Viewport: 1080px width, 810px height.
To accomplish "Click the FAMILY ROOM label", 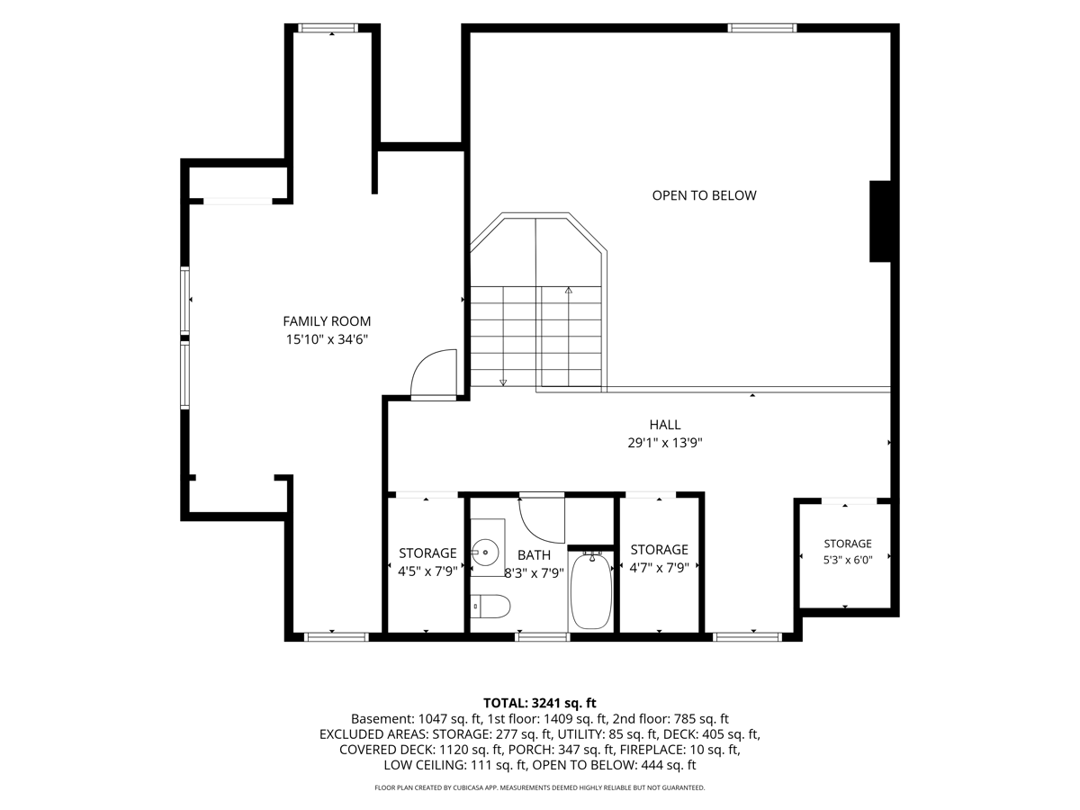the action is click(x=327, y=321).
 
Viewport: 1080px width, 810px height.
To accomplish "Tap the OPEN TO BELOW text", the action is click(x=704, y=195).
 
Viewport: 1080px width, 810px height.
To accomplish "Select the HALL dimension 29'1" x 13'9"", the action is click(x=665, y=443).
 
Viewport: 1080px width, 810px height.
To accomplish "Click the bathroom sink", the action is click(x=485, y=552).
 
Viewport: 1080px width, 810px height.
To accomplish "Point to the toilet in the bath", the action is click(x=490, y=606).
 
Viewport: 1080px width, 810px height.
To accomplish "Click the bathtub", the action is click(x=591, y=590).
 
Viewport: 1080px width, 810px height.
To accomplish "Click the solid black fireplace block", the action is click(x=880, y=221).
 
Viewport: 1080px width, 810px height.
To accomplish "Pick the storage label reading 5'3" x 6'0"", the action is click(x=848, y=560).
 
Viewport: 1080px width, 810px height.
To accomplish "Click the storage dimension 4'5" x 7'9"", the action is click(x=427, y=571).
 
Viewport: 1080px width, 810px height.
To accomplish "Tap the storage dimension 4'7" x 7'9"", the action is click(x=659, y=568).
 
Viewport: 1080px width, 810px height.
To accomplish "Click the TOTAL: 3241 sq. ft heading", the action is click(x=540, y=703).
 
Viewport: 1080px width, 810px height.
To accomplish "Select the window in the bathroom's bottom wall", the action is click(x=542, y=637).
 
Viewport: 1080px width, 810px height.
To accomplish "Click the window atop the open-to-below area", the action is click(x=762, y=28).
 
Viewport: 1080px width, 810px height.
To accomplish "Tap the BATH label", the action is click(x=534, y=555).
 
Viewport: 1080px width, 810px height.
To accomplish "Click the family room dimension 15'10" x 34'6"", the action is click(x=328, y=339).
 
